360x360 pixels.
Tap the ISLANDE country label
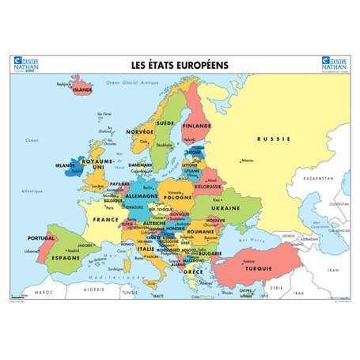[x=82, y=90]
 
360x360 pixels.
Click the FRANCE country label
[x=105, y=219]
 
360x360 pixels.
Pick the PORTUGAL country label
[x=40, y=237]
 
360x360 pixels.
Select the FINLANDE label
[x=197, y=125]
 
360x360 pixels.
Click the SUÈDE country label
[x=165, y=124]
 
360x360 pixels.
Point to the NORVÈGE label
[x=140, y=131]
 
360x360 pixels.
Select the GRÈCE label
[x=191, y=271]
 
